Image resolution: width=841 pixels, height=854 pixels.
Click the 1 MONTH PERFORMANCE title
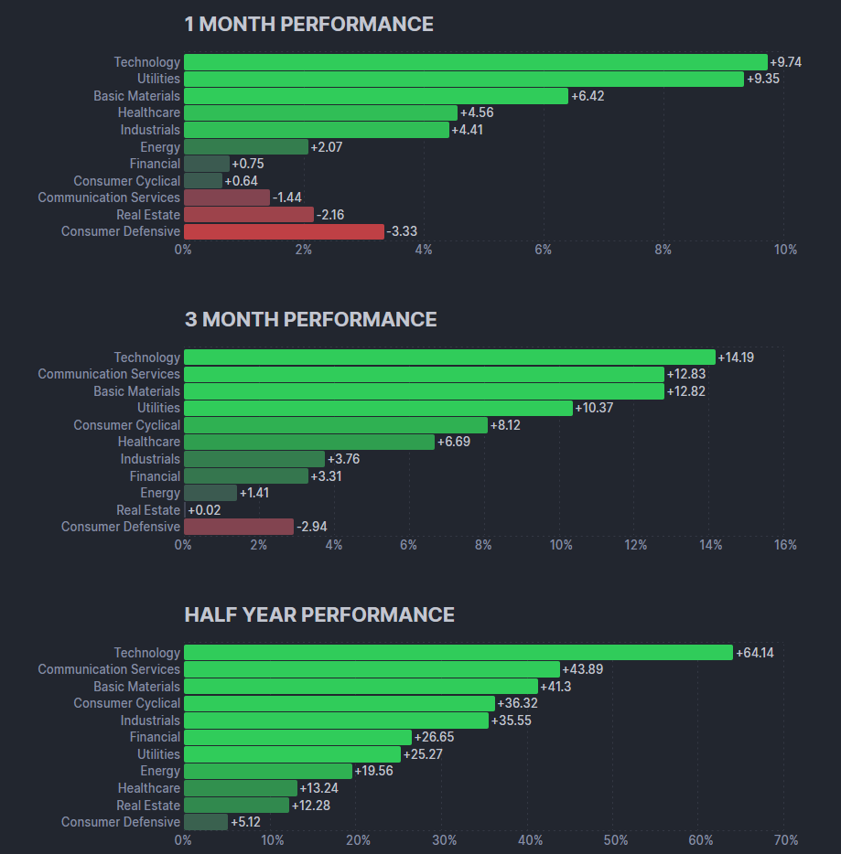click(x=308, y=25)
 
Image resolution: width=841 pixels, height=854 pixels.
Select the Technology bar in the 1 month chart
click(x=475, y=62)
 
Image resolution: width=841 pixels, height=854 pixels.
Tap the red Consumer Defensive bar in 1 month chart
click(x=284, y=231)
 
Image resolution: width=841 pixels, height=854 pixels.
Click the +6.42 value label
click(x=588, y=96)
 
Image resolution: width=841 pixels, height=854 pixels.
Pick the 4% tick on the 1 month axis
click(x=423, y=250)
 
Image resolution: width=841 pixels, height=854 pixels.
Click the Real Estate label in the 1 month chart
click(x=148, y=215)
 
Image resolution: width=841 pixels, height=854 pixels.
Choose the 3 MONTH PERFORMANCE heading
click(x=310, y=319)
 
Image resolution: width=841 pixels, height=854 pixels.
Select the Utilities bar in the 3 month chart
click(x=378, y=408)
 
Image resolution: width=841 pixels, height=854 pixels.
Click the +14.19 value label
click(x=736, y=358)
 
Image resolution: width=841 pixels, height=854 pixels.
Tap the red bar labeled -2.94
click(x=239, y=527)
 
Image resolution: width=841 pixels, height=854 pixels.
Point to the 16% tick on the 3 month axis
click(x=785, y=545)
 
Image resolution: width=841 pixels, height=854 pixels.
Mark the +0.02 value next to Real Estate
click(x=202, y=510)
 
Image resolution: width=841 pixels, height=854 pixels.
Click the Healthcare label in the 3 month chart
click(x=149, y=442)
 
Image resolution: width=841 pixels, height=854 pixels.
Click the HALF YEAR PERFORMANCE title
click(x=319, y=614)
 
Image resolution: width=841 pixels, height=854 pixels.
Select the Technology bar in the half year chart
click(x=458, y=653)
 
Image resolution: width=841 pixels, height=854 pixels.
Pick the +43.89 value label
click(x=582, y=669)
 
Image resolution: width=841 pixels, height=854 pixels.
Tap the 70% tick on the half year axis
click(x=785, y=840)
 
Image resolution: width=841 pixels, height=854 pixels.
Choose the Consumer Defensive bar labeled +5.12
click(x=206, y=822)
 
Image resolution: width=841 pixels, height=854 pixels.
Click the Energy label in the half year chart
click(x=160, y=771)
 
